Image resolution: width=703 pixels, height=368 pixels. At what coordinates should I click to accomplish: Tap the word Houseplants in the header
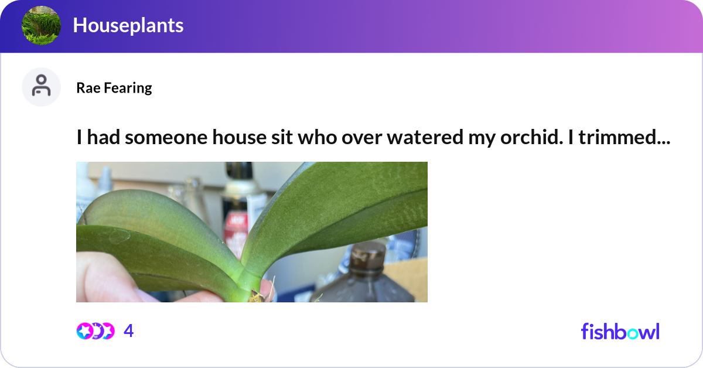[128, 26]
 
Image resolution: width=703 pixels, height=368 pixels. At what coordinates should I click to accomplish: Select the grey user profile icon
[41, 87]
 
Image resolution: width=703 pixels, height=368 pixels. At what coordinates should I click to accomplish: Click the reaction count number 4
[129, 332]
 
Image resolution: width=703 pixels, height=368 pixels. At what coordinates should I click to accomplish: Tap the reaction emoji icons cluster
[95, 331]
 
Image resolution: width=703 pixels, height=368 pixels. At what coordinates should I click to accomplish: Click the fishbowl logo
[620, 331]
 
